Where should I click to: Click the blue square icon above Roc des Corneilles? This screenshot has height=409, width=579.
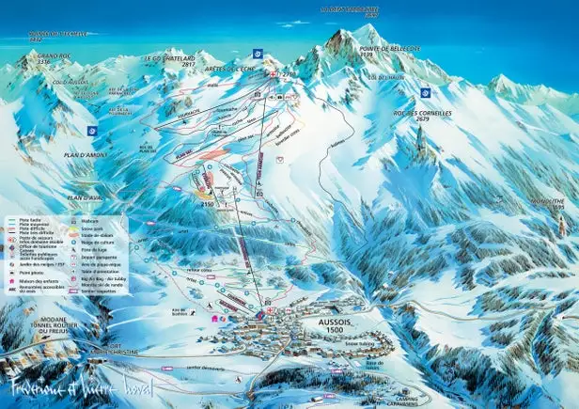pos(426,92)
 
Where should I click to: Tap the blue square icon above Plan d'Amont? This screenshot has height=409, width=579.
pos(91,131)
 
